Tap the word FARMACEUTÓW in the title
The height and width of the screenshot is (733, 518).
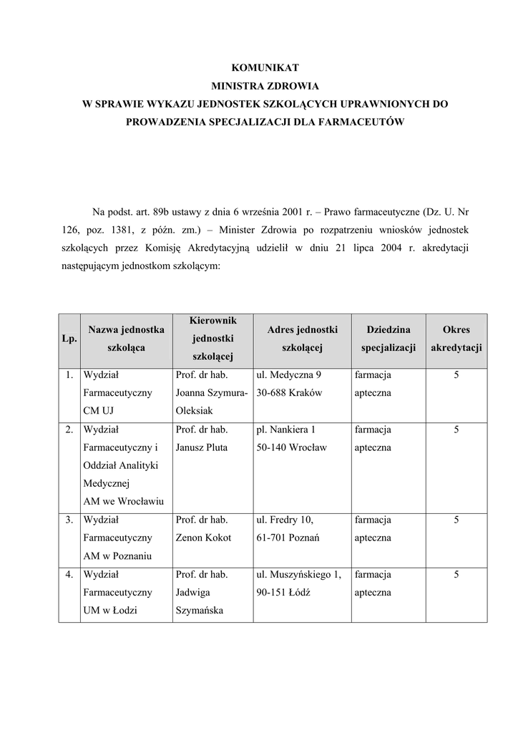(367, 122)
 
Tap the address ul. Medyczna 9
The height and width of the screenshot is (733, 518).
(288, 374)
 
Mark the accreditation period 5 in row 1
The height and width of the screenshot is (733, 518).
(456, 374)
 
